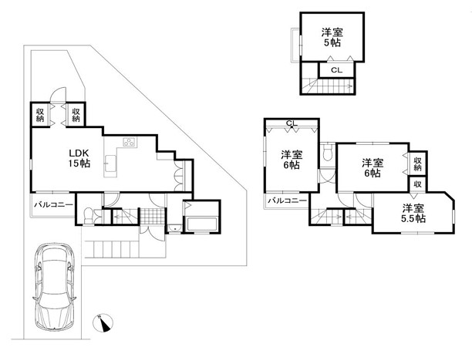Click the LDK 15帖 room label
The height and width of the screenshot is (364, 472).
coord(79,158)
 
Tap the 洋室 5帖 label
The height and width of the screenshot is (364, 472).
coord(332,37)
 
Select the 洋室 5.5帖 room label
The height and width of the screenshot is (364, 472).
coord(413,213)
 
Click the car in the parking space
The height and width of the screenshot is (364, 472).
coord(55,286)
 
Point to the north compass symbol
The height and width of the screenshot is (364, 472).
coord(103,323)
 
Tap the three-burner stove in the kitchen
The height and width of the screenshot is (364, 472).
coord(130,142)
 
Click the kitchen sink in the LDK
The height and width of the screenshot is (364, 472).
coord(110,163)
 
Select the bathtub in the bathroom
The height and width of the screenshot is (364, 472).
coord(202,224)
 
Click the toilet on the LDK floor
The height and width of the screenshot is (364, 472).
coord(88,215)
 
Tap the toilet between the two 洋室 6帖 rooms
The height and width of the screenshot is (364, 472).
coord(327,153)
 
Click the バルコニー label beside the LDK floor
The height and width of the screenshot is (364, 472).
coord(53,205)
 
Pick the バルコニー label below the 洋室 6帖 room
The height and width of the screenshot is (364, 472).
coord(288,201)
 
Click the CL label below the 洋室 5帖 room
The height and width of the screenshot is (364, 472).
coord(336,70)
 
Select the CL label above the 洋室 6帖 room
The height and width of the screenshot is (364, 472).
coord(292,123)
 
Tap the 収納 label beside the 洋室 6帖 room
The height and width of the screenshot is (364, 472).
coord(417,164)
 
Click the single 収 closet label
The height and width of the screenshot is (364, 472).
coord(417,184)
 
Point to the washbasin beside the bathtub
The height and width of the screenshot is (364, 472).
coord(174,228)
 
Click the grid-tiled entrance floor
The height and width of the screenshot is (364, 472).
coord(153,216)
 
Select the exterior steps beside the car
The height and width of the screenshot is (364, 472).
coord(111,248)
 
